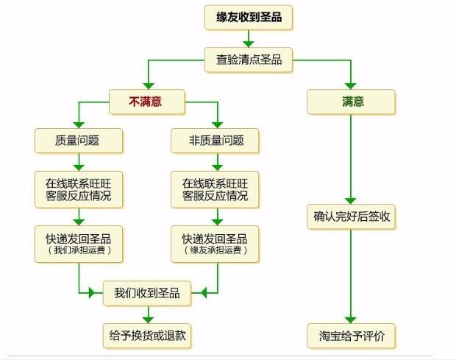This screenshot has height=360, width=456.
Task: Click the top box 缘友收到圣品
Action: (x=248, y=17)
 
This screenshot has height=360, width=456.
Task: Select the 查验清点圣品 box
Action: (x=248, y=60)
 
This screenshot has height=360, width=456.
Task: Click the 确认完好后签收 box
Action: (x=351, y=216)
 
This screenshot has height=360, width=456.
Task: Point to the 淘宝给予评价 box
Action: (x=351, y=335)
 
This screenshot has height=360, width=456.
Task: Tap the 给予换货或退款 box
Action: (x=147, y=335)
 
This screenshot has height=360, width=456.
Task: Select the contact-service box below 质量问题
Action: (x=78, y=189)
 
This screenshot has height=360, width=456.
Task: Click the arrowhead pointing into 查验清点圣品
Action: (x=249, y=43)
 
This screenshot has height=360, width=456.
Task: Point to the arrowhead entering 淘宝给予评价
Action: (x=351, y=319)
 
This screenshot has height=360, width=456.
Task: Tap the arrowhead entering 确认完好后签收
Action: (x=351, y=200)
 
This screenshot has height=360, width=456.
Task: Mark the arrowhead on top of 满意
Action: (x=351, y=85)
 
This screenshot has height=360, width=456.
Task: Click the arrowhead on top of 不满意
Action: (x=146, y=85)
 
